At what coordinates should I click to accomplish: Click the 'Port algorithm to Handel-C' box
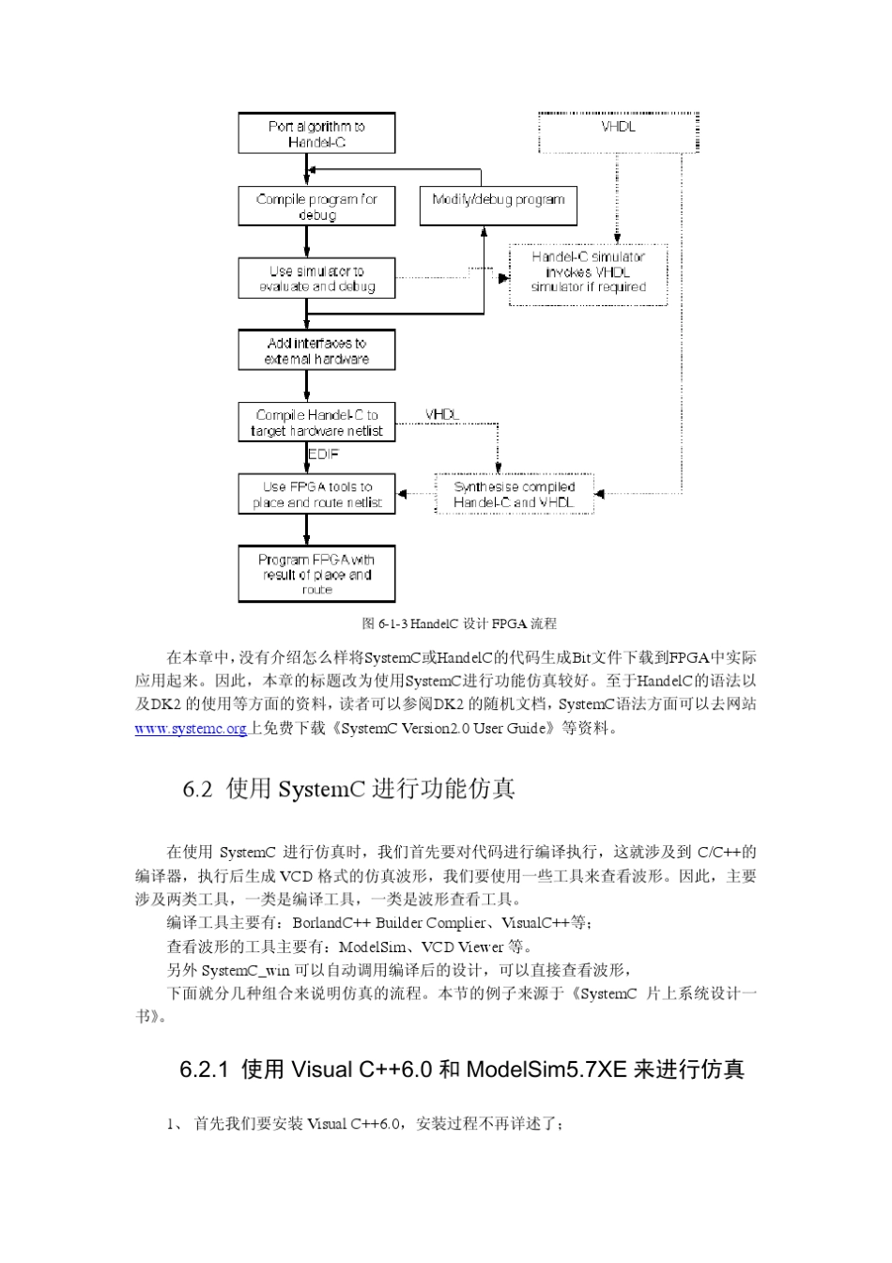[x=316, y=133]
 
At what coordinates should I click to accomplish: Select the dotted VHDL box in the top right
[x=618, y=131]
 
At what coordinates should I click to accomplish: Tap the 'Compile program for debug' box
[x=316, y=206]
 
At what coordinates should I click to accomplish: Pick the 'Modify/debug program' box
[x=498, y=206]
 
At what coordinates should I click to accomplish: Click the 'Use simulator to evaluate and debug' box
[x=316, y=278]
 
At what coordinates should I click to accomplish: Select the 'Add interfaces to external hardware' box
[x=316, y=349]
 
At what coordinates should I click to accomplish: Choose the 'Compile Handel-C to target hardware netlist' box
[x=316, y=423]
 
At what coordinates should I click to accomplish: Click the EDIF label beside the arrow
[x=324, y=454]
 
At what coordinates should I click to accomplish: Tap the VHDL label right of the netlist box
[x=442, y=414]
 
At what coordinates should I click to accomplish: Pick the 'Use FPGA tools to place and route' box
[x=316, y=494]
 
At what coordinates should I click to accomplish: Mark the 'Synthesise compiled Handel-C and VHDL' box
[x=514, y=494]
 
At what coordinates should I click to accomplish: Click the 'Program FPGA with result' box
[x=316, y=574]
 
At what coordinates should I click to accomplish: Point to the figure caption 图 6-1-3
[x=459, y=624]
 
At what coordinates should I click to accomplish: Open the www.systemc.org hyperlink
[x=191, y=729]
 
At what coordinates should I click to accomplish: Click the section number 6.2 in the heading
[x=197, y=789]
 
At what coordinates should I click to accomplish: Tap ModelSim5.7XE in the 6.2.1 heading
[x=546, y=1070]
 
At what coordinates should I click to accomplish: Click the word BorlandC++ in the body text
[x=332, y=923]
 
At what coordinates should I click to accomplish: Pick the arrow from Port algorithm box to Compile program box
[x=307, y=170]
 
